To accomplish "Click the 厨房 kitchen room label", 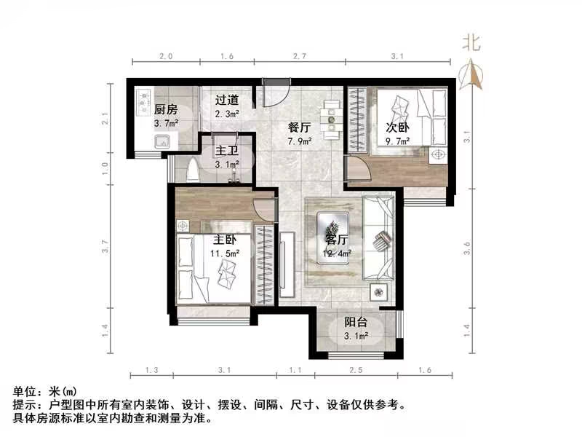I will pos(166,110).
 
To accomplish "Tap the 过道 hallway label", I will pos(227,101).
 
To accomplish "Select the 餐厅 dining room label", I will pos(300,126).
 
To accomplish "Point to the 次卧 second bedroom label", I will pos(398,127).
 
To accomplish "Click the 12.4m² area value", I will pos(338,253).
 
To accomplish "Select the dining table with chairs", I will pos(332,119).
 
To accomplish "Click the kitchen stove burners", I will pos(143,103).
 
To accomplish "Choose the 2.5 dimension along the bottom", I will pos(356,371).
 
